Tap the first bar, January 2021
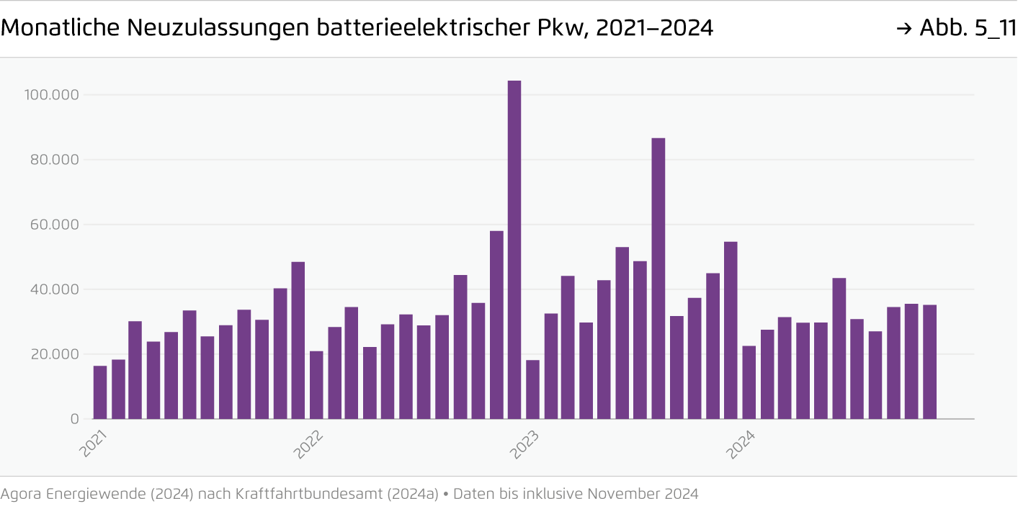coord(100,392)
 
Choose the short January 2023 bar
coord(532,389)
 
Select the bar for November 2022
coord(496,325)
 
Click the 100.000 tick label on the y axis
coord(51,95)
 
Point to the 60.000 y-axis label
coord(54,225)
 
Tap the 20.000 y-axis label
coord(54,354)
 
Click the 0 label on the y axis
coord(75,419)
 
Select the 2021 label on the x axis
coord(93,444)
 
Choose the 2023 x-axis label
coord(525,444)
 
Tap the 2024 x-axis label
coord(741,444)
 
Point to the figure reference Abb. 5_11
coord(968,28)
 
